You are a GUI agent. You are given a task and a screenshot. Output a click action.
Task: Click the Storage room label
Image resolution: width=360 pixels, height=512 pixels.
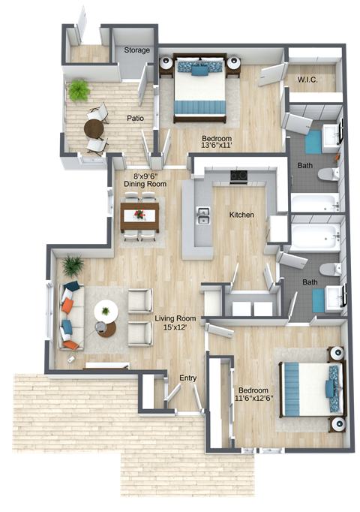(137, 50)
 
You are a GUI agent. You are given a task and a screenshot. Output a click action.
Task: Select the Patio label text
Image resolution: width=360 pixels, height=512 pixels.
(135, 118)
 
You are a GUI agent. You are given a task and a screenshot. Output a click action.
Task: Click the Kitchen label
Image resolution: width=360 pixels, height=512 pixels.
(241, 215)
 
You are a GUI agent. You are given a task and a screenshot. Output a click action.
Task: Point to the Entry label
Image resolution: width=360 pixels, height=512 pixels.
(187, 378)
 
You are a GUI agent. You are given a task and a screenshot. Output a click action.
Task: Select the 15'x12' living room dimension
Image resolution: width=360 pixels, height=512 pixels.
(169, 328)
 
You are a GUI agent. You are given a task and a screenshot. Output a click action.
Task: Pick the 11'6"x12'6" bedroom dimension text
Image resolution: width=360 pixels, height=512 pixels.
(255, 399)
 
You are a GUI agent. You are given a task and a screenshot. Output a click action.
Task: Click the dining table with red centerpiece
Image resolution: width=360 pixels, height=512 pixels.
(139, 215)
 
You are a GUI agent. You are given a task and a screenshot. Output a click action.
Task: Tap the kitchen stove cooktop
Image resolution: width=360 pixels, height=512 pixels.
(238, 177)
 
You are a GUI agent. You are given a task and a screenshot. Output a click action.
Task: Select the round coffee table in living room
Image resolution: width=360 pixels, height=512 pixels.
(106, 309)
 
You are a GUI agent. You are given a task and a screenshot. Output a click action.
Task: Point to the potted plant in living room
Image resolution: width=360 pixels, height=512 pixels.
(73, 265)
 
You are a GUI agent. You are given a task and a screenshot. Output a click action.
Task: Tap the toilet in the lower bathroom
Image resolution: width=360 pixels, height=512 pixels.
(328, 268)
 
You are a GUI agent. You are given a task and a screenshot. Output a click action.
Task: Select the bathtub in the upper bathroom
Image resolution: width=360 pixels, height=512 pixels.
(315, 203)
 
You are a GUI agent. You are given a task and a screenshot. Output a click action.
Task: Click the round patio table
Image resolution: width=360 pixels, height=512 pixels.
(94, 128)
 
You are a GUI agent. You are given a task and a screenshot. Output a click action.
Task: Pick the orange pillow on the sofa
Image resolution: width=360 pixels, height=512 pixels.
(67, 306)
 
